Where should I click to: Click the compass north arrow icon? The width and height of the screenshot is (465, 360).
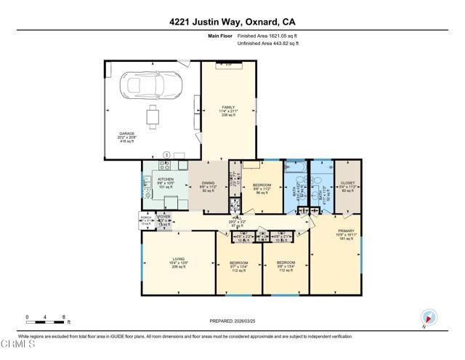coord(427,318)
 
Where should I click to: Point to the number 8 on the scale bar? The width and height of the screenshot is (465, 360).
coord(65,318)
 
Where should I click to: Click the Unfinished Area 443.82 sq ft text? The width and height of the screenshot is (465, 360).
coord(269,44)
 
